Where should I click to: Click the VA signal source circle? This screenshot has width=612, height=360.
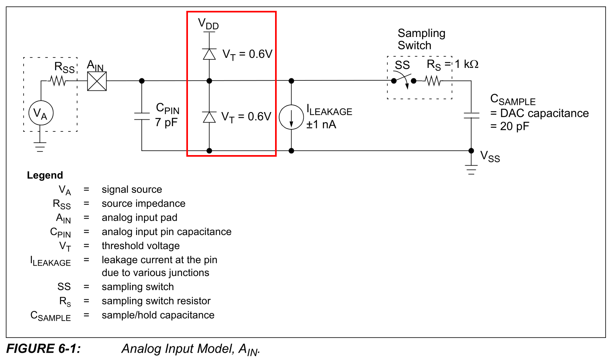click(41, 113)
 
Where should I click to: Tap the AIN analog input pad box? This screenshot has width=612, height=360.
click(97, 81)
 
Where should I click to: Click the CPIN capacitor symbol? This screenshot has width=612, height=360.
click(142, 116)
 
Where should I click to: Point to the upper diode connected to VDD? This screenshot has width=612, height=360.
click(209, 54)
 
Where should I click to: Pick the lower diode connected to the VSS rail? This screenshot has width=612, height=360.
click(209, 117)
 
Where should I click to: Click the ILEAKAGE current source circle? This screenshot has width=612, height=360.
click(291, 117)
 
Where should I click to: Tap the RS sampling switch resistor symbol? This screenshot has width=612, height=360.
click(433, 81)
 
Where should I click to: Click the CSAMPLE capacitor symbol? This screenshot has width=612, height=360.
click(471, 115)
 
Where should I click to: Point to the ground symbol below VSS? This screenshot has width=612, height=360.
click(471, 170)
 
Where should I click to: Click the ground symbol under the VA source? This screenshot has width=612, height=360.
click(40, 147)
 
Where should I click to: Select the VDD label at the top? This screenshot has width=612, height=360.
click(208, 24)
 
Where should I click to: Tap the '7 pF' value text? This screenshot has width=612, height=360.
click(166, 123)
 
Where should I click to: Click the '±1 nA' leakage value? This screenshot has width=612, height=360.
click(321, 125)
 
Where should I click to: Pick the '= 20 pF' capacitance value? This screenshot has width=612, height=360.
click(510, 127)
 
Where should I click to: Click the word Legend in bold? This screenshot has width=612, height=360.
click(45, 175)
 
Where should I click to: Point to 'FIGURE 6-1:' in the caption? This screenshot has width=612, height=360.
click(43, 348)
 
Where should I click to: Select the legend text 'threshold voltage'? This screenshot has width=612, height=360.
click(141, 246)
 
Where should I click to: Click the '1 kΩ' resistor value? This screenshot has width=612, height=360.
click(467, 64)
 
